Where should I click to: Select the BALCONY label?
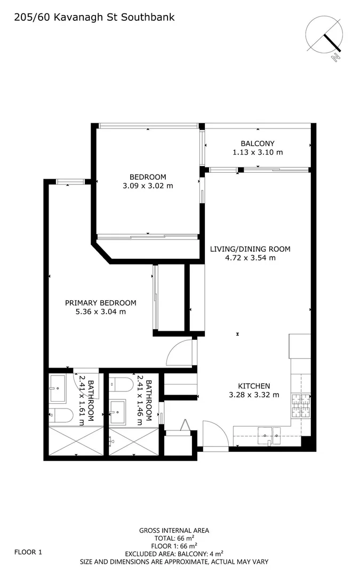point(257,143)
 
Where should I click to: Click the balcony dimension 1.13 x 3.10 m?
point(257,153)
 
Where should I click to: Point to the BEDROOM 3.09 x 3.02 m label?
point(148,181)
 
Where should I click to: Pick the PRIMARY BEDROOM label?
point(100,303)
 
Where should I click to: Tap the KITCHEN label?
point(253,386)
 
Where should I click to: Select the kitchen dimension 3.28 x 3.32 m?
point(253,395)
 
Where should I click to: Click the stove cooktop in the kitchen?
point(301,405)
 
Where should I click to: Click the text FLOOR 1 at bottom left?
point(28,553)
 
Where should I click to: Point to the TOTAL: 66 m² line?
point(174,538)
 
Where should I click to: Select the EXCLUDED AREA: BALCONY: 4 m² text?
point(174,554)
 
